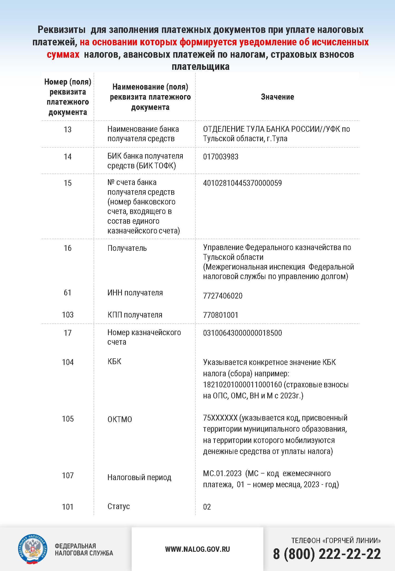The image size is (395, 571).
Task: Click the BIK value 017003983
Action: [220, 157]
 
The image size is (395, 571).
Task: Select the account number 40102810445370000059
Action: [242, 183]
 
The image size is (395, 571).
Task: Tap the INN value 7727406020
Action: [223, 296]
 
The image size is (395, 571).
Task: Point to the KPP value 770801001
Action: [220, 315]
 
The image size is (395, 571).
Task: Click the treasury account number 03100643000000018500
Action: [242, 333]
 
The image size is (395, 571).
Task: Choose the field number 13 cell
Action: [68, 130]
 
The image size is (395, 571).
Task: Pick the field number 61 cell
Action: [68, 293]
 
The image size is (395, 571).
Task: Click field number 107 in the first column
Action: [68, 476]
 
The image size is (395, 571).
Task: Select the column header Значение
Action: [277, 97]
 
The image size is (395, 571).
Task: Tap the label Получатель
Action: [127, 248]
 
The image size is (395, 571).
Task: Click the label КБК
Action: [114, 361]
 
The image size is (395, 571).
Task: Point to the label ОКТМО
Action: [120, 419]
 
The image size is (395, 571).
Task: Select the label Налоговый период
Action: [139, 477]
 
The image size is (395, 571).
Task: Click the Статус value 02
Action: [207, 507]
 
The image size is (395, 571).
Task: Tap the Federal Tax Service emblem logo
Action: [33, 549]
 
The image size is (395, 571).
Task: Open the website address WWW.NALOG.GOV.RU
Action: [197, 549]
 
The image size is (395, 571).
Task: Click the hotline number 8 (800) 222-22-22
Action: [327, 554]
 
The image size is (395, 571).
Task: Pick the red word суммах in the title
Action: [63, 55]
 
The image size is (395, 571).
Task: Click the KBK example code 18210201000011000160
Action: [242, 385]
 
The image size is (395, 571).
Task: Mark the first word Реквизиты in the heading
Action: [62, 30]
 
